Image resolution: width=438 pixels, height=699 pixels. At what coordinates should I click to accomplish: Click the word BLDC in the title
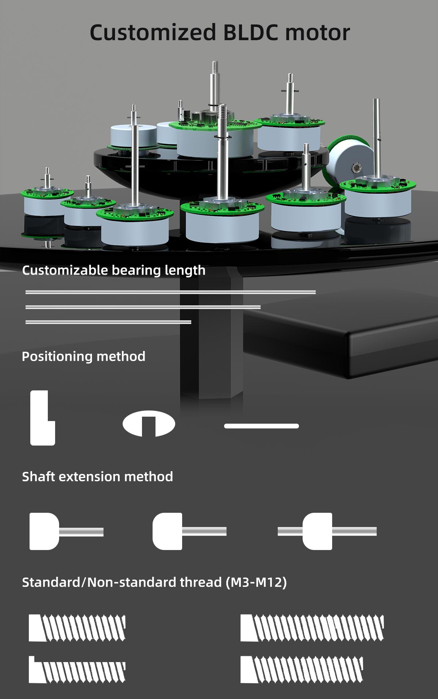pos(251,33)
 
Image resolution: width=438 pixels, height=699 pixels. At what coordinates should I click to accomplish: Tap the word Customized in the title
pos(153,33)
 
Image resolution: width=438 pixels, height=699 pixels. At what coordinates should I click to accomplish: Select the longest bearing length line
pos(170,292)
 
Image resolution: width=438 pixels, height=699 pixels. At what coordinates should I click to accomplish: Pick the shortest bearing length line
pos(108,322)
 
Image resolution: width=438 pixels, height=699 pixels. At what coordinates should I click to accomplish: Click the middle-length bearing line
pos(143,307)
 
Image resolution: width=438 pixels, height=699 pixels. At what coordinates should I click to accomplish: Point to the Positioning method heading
pos(84,356)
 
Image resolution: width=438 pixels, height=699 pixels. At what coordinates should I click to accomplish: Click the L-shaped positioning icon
pos(42,418)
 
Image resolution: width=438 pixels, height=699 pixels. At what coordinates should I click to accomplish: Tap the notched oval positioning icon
pos(149,424)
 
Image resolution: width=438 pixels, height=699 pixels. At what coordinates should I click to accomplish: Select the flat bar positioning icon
pos(261,426)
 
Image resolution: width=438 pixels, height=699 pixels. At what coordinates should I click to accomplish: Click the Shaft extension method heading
pos(97,477)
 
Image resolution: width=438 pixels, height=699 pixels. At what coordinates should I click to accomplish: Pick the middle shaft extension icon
pos(189,531)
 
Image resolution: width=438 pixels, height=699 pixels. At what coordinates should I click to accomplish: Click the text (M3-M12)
pos(256,582)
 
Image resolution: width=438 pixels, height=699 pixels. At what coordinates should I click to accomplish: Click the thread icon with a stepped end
pos(77,670)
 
